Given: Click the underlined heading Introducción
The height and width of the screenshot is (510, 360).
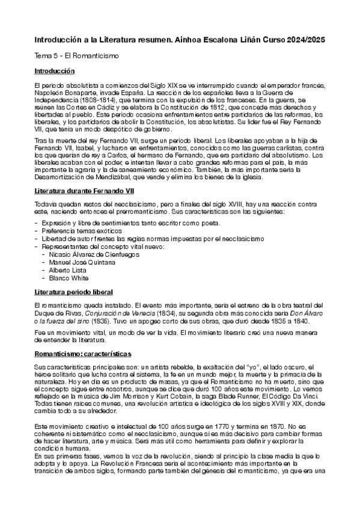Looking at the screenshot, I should (x=54, y=72).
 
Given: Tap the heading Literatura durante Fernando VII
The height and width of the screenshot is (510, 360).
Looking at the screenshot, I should (x=84, y=190).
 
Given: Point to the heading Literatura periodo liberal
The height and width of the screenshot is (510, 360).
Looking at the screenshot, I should (x=73, y=292).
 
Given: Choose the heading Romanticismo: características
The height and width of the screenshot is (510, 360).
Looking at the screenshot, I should (x=83, y=354).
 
